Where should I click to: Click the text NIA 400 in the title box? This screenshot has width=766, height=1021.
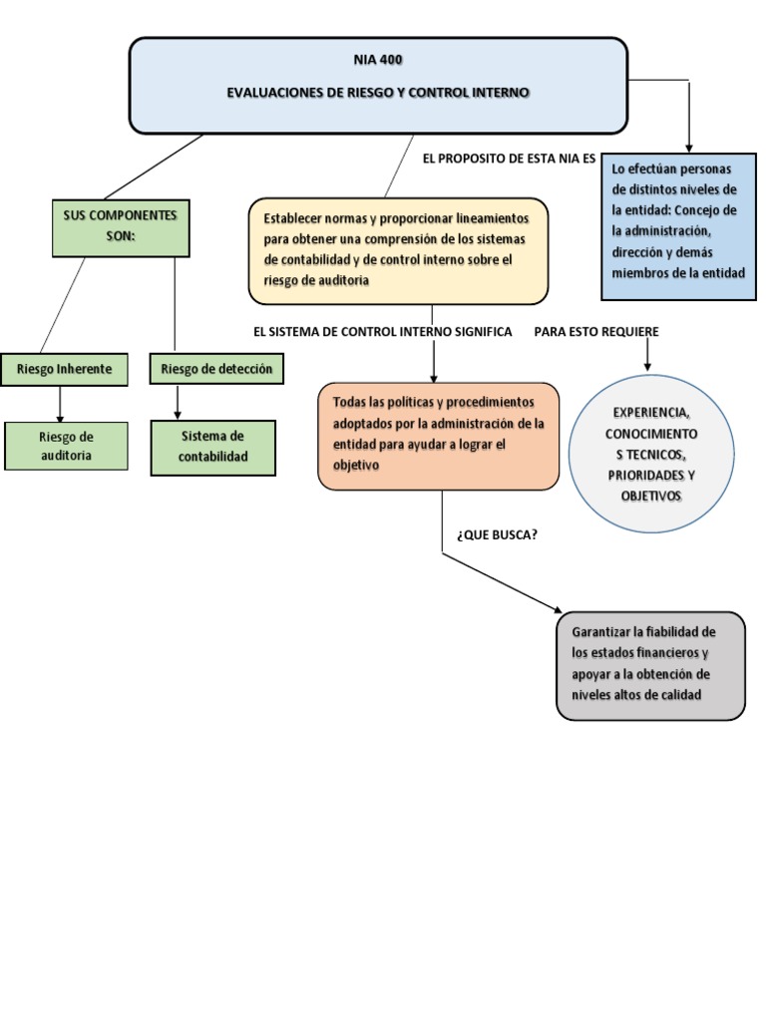tap(378, 60)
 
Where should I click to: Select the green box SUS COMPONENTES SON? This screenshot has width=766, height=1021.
tap(121, 228)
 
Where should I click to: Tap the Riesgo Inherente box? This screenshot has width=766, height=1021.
tap(64, 369)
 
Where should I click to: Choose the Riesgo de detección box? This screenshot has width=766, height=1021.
tap(216, 369)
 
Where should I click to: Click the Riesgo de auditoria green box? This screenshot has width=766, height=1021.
tap(66, 446)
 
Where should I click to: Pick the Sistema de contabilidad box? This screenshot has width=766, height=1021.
tap(213, 448)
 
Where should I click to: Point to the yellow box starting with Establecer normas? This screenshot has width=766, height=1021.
tap(398, 251)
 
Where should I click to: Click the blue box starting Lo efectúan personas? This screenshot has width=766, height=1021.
tap(678, 226)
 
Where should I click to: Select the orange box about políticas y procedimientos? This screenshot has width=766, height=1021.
tap(439, 437)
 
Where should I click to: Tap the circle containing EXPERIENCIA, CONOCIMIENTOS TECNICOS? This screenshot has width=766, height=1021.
tap(651, 454)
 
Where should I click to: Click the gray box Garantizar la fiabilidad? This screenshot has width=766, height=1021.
tap(650, 665)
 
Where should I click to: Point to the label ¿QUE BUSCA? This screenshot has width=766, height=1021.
tap(497, 535)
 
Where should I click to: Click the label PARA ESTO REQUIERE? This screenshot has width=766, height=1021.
tap(596, 332)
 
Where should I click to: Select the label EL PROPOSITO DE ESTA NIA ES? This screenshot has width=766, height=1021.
tap(509, 159)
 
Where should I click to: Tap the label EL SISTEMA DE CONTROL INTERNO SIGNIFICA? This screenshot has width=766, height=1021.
tap(382, 332)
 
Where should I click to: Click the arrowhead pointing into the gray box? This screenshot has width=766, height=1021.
tap(557, 610)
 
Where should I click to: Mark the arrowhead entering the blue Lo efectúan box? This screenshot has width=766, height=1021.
tap(689, 149)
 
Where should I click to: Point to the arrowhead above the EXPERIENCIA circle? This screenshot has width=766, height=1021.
tap(646, 367)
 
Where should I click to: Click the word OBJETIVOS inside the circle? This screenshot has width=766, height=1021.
tap(650, 497)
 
